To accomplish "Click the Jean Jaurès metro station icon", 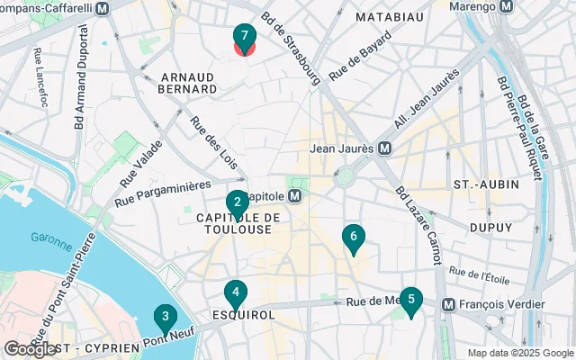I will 384,148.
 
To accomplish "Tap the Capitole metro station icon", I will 294,195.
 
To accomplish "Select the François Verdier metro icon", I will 447,304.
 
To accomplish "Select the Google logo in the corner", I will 30,348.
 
